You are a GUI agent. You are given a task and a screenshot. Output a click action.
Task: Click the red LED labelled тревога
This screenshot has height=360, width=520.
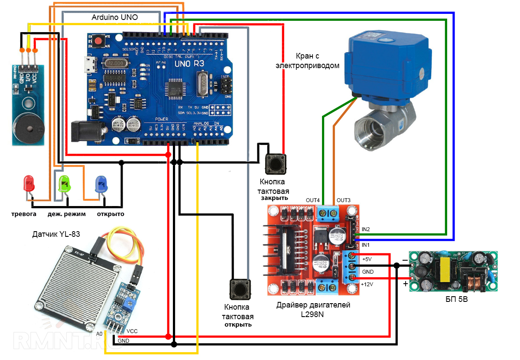coord(29,184)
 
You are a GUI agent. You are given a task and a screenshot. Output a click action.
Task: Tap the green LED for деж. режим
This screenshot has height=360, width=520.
coord(64,184)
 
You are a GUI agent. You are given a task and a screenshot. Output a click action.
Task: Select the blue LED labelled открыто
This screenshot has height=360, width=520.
coord(101,184)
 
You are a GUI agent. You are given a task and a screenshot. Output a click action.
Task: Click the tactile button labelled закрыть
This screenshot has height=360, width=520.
coord(275,164)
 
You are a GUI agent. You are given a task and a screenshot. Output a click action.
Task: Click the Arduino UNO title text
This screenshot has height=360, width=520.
coord(115,18)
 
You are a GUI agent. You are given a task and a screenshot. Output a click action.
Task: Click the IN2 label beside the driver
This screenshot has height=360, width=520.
coord(365,229)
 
